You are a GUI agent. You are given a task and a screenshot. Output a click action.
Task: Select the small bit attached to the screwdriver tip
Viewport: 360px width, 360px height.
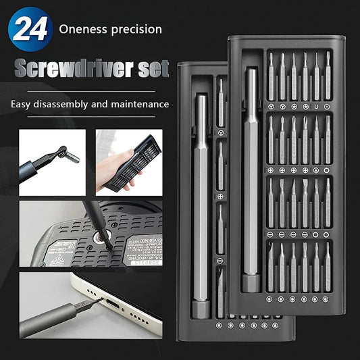71,157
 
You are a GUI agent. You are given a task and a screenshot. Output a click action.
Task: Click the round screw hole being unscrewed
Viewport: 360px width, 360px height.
103,236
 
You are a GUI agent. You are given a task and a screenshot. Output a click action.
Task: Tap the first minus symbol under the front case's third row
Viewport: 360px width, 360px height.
270,234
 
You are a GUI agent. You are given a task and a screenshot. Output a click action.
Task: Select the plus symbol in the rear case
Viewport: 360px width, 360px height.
220,196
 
